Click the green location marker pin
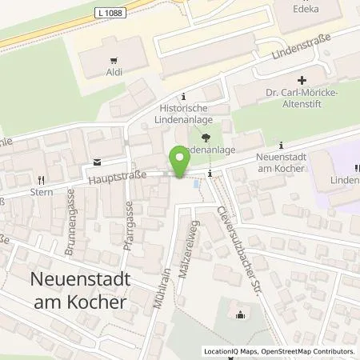pyautogui.click(x=180, y=162)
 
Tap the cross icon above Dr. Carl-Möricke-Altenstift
pyautogui.click(x=301, y=80)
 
